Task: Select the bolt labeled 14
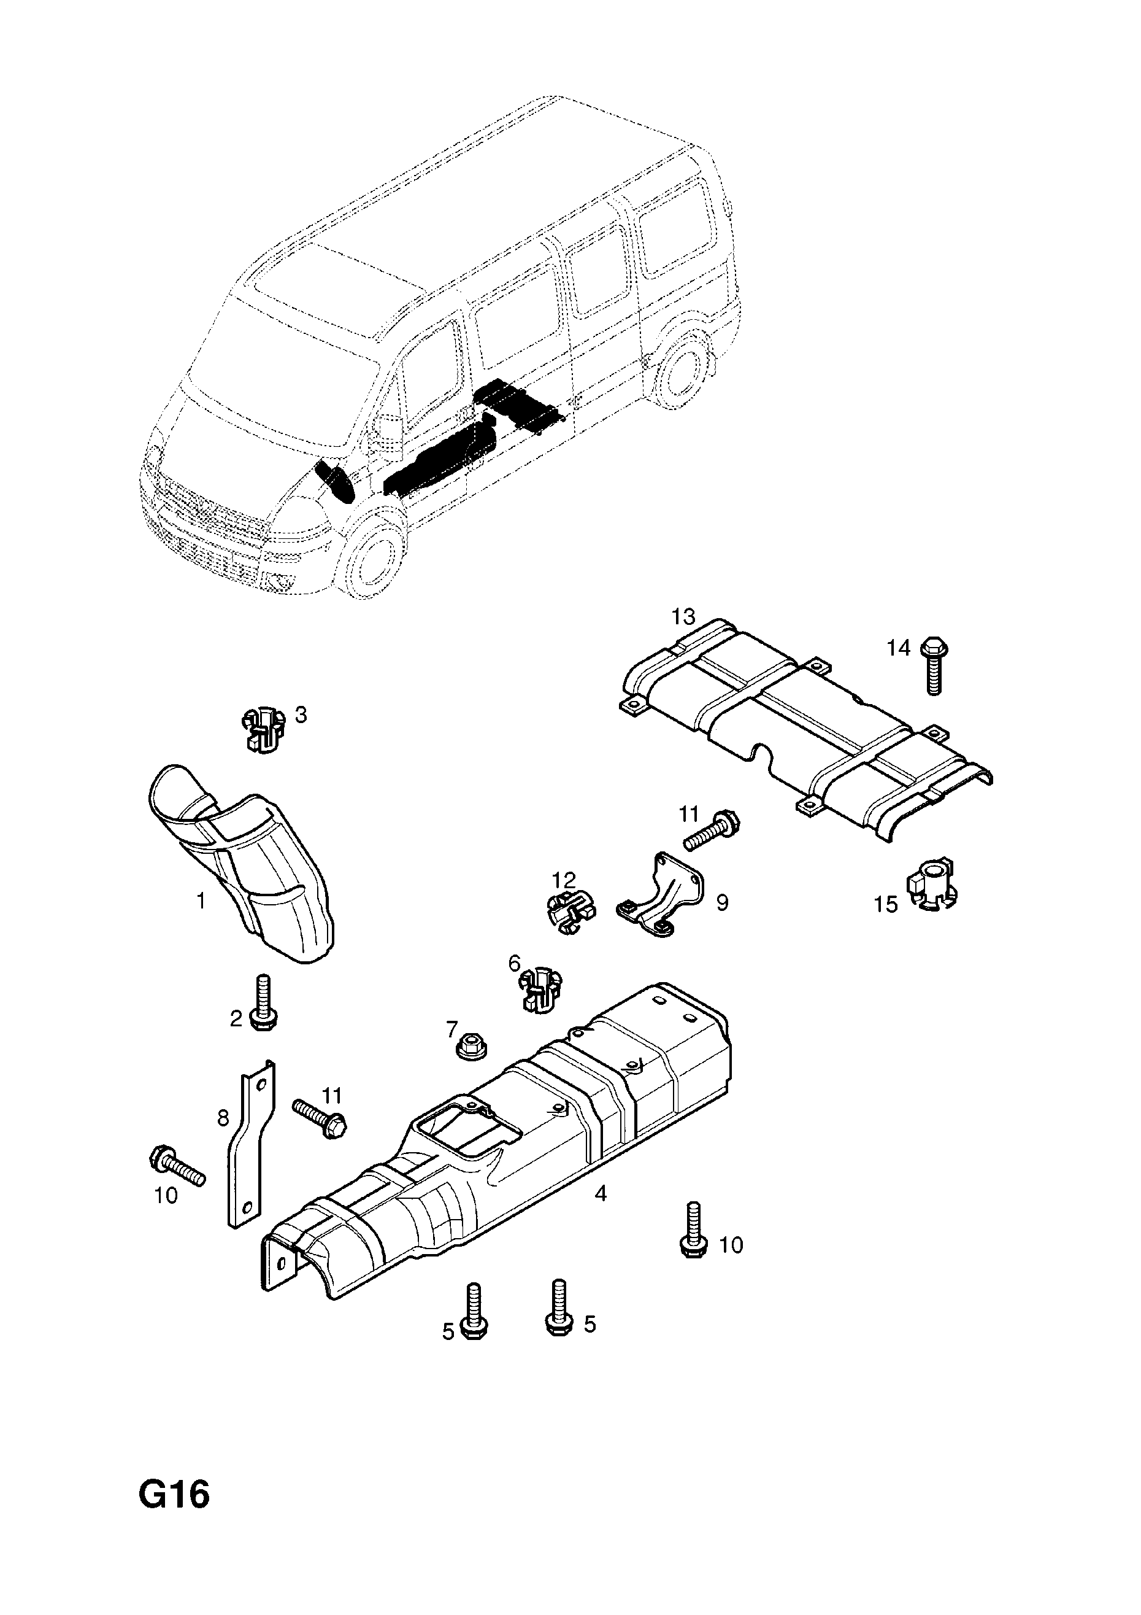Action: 933,665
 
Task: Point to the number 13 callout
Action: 683,617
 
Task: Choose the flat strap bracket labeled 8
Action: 249,1145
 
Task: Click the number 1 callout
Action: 201,900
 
